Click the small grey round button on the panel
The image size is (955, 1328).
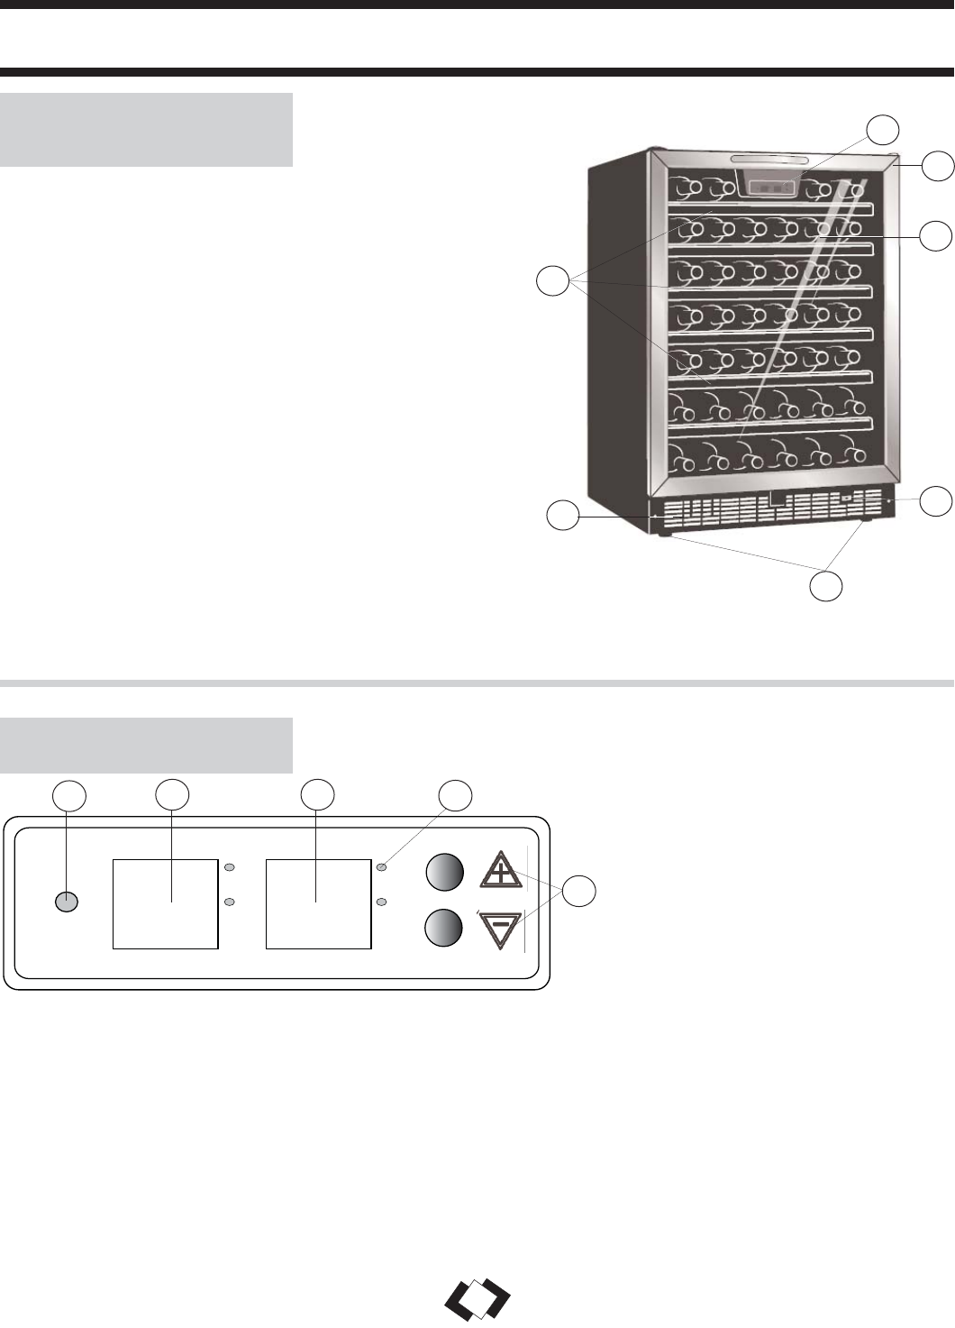click(x=66, y=902)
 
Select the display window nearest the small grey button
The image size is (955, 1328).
click(x=165, y=903)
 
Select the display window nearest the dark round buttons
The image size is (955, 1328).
click(x=318, y=903)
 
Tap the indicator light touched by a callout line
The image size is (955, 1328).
click(x=382, y=867)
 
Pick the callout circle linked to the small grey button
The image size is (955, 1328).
click(x=68, y=796)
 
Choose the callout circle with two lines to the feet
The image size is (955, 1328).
click(x=826, y=584)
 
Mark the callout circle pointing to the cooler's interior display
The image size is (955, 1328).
click(x=883, y=131)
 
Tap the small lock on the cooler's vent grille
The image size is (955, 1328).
click(x=846, y=497)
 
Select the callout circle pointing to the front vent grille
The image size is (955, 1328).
click(x=564, y=516)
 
